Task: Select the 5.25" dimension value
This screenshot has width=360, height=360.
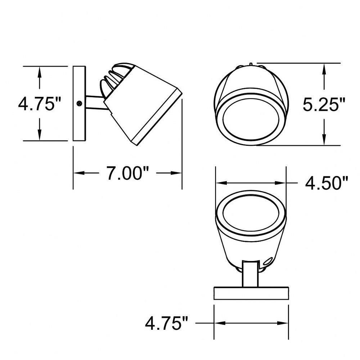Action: [324, 104]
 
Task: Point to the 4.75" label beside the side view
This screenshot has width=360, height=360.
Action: [40, 103]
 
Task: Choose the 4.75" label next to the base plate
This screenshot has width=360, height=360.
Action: [166, 323]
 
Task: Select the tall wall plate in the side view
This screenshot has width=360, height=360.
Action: [79, 104]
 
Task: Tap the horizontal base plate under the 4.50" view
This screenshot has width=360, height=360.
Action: [251, 293]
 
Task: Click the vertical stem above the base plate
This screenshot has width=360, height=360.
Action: [251, 274]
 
